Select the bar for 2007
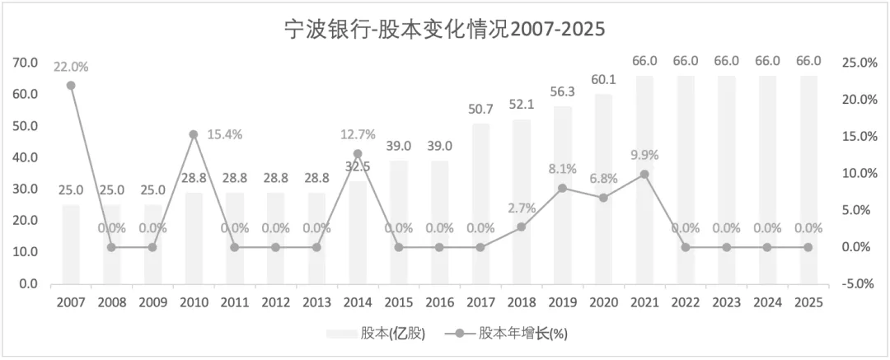71,245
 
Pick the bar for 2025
809,180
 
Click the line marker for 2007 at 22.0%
71,86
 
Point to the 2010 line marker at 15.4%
194,134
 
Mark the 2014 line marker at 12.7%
358,154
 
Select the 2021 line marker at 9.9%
644,175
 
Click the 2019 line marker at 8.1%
563,188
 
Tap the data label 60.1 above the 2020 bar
603,82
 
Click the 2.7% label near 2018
522,208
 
